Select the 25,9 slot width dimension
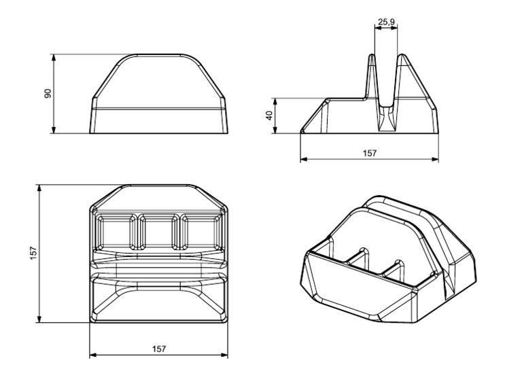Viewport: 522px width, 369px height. point(386,22)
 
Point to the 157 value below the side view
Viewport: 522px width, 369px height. point(369,154)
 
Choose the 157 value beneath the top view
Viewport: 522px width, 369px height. point(158,349)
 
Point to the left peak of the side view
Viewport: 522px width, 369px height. point(372,58)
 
